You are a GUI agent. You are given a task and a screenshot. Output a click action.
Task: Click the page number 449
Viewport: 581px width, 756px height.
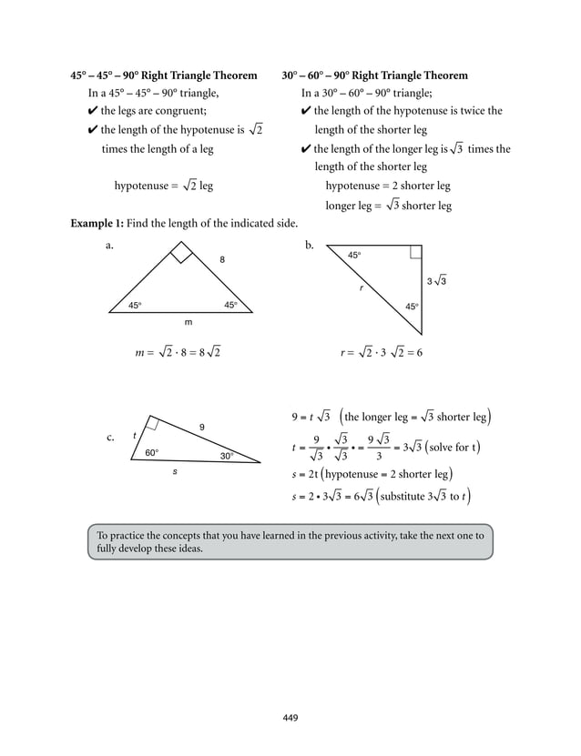(290, 718)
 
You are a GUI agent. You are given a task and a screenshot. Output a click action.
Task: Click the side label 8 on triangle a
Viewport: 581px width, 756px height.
(221, 260)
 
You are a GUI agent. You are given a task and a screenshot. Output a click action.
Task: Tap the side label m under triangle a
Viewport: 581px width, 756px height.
(189, 322)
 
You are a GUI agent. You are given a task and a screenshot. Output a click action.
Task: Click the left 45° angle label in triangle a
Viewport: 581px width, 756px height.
(135, 305)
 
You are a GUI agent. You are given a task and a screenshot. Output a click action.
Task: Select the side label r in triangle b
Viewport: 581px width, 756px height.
(362, 287)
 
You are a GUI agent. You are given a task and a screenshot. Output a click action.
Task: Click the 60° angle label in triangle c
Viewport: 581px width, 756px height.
(152, 452)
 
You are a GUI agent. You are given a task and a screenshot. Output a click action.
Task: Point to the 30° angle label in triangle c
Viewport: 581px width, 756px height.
(227, 456)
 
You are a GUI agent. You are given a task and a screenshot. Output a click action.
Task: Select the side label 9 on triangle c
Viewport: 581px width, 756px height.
(201, 427)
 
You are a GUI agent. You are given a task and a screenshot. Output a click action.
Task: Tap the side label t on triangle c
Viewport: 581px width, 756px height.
(135, 435)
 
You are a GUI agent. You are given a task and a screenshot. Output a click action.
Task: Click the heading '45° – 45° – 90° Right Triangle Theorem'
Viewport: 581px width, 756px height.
(164, 75)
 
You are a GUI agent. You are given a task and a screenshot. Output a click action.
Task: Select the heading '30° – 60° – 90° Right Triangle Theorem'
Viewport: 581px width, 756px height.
(375, 75)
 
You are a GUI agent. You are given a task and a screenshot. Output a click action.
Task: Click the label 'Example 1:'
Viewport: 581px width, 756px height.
(97, 224)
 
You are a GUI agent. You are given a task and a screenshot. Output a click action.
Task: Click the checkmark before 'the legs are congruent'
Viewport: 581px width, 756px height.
(93, 111)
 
